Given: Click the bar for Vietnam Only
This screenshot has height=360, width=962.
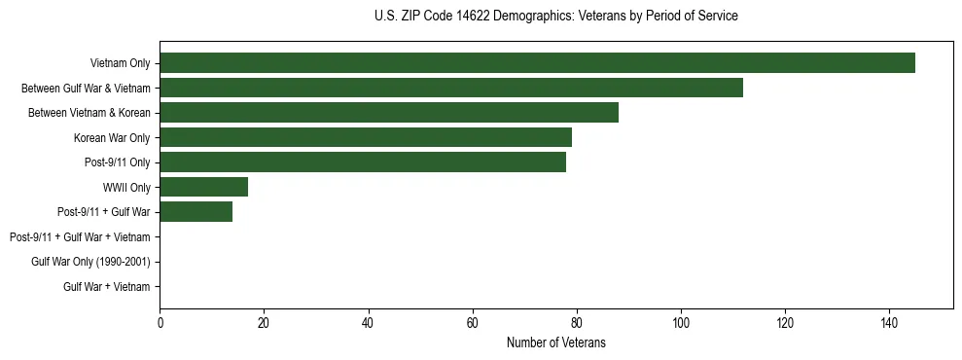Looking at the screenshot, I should pyautogui.click(x=537, y=63).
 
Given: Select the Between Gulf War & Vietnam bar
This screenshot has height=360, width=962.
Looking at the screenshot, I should pyautogui.click(x=451, y=88).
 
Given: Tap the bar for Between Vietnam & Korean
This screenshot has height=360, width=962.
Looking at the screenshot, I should pyautogui.click(x=389, y=113).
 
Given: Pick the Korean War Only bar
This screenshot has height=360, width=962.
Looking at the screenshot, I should pyautogui.click(x=366, y=137).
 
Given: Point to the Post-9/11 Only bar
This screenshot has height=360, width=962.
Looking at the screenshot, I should pyautogui.click(x=363, y=162).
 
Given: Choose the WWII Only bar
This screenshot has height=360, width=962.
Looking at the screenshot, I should pyautogui.click(x=204, y=187).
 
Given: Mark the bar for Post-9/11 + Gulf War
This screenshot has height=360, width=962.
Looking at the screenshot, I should pyautogui.click(x=196, y=212).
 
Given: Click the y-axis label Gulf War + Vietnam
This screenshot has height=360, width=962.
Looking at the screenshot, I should pyautogui.click(x=106, y=287).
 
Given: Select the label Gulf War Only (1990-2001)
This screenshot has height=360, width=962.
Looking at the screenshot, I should pyautogui.click(x=90, y=262).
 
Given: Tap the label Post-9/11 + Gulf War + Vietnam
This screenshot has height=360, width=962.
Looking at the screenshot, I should pyautogui.click(x=80, y=237).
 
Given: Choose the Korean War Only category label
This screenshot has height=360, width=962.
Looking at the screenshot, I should pyautogui.click(x=112, y=138).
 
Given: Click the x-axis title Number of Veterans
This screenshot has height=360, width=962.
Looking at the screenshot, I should pyautogui.click(x=555, y=342).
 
